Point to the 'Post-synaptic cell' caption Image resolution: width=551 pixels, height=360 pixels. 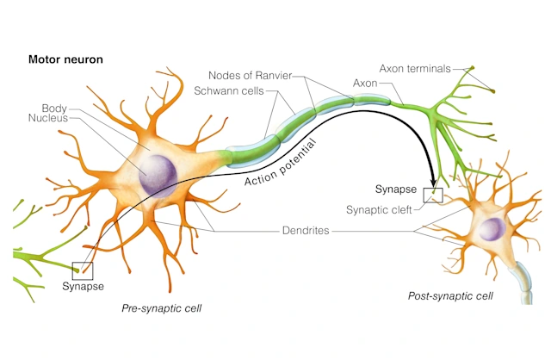(x=449, y=296)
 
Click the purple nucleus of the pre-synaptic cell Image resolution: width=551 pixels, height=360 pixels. (x=157, y=171)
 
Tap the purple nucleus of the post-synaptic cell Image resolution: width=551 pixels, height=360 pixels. (x=492, y=229)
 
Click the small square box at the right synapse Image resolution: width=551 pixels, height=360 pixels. (x=433, y=196)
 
